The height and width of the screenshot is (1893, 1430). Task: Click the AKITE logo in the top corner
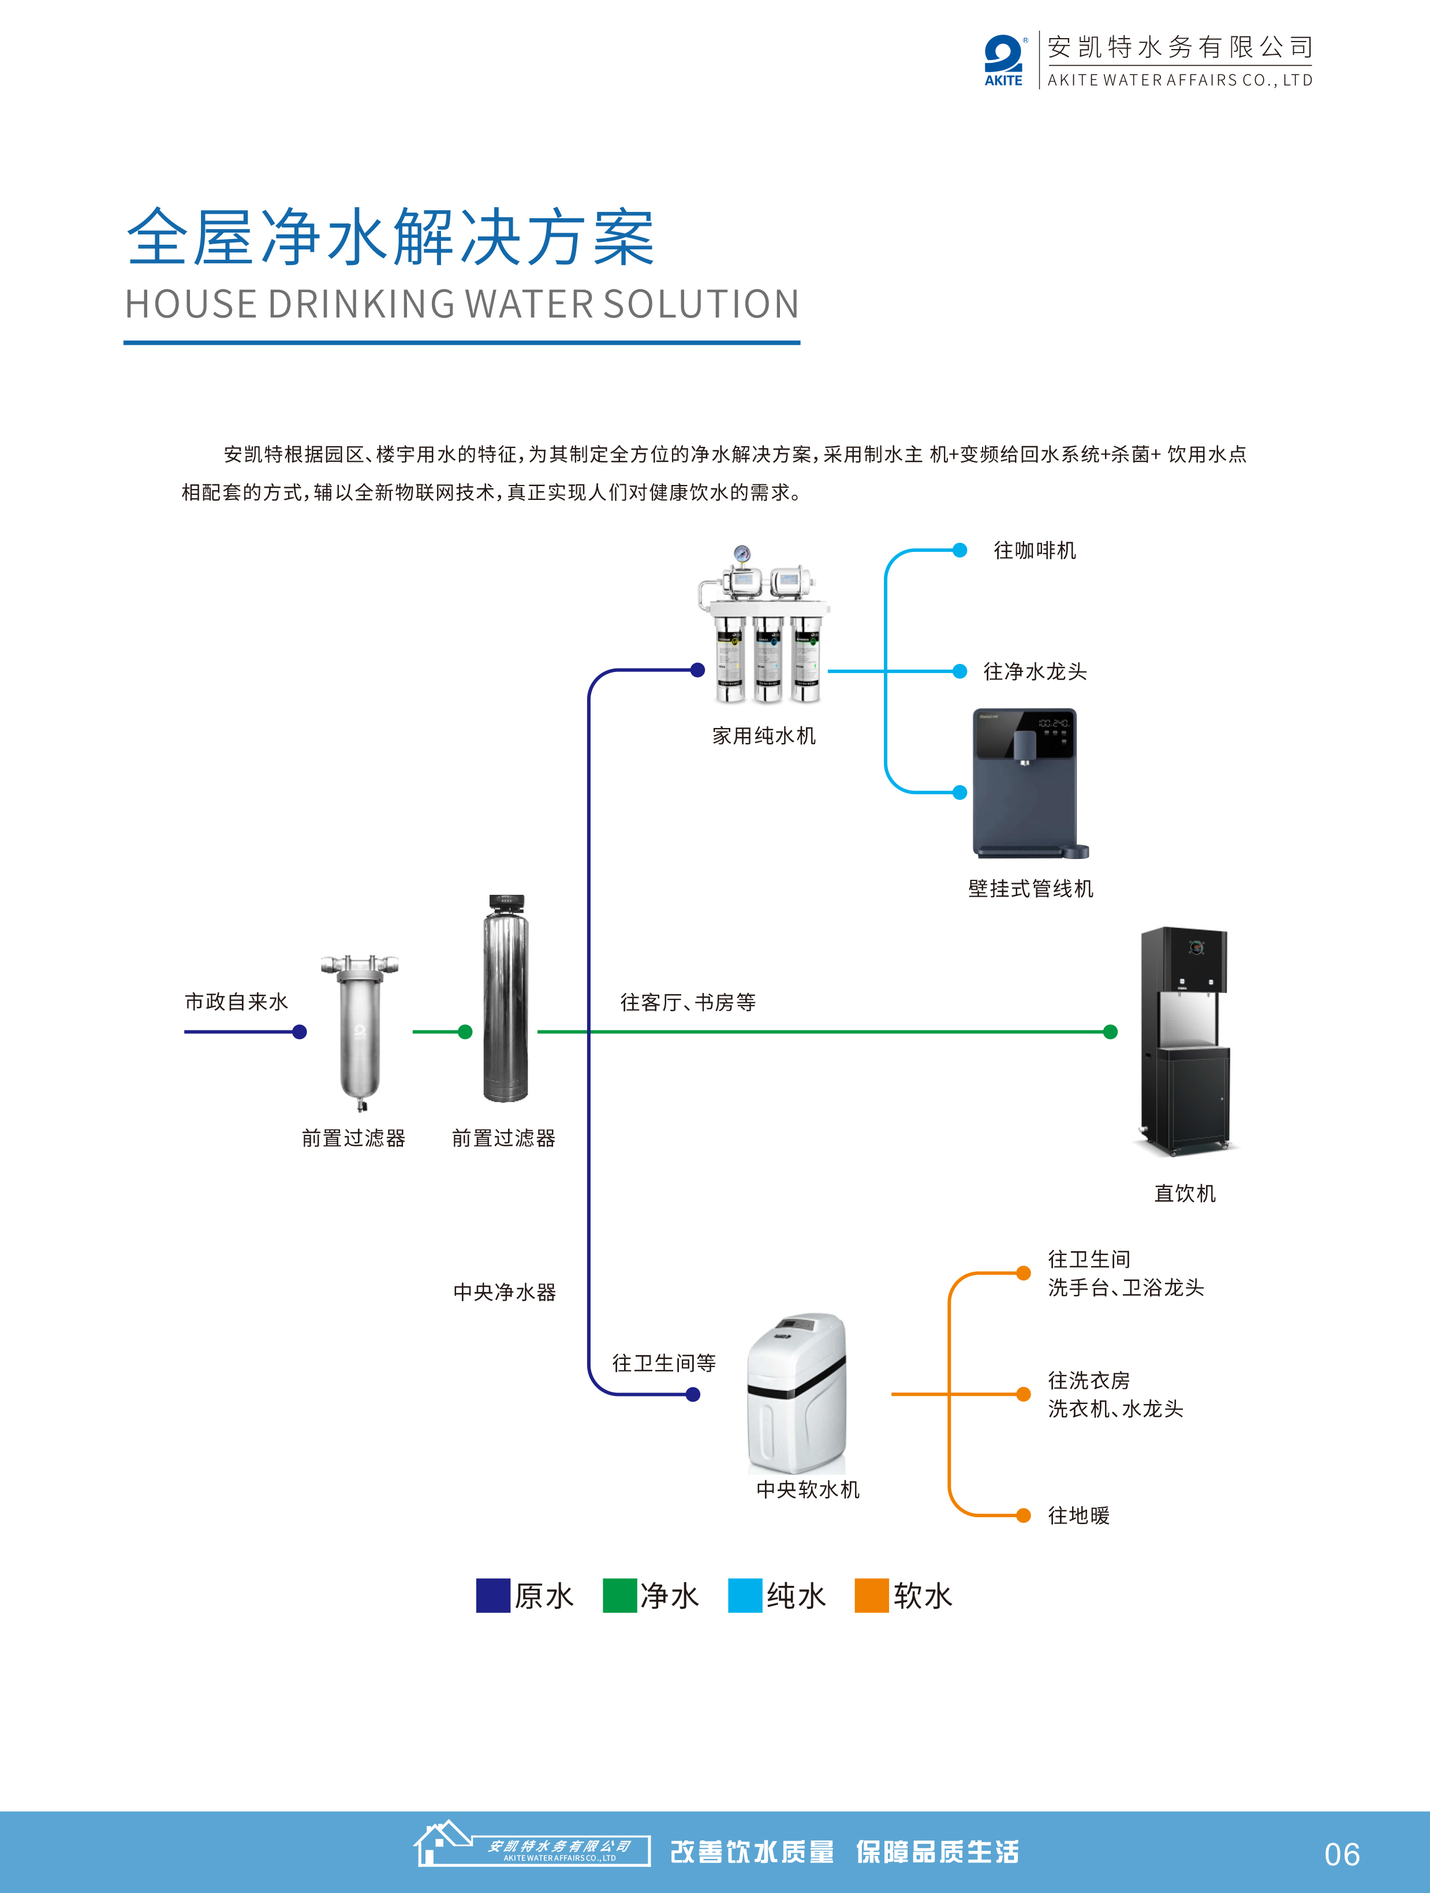(x=1003, y=61)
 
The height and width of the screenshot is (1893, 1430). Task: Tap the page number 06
(x=1341, y=1854)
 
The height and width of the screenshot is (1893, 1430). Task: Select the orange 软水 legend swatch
(x=871, y=1595)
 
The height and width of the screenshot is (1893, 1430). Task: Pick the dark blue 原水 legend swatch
(x=493, y=1595)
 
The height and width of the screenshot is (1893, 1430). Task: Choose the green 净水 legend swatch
(x=619, y=1595)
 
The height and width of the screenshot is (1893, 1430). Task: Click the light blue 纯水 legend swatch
(x=745, y=1595)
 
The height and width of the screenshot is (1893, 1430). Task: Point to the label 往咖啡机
(x=1034, y=550)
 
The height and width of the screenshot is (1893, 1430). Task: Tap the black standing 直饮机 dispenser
(x=1185, y=1039)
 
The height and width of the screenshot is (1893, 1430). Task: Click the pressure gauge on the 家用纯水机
(x=742, y=554)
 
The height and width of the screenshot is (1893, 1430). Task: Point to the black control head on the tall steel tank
(x=506, y=903)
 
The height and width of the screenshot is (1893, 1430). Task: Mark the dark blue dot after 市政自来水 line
(x=300, y=1032)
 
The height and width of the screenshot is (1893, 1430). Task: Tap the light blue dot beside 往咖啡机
(x=959, y=550)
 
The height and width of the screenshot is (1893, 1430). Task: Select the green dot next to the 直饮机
(x=1110, y=1032)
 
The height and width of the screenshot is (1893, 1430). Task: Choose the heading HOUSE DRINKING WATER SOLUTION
(x=462, y=305)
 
